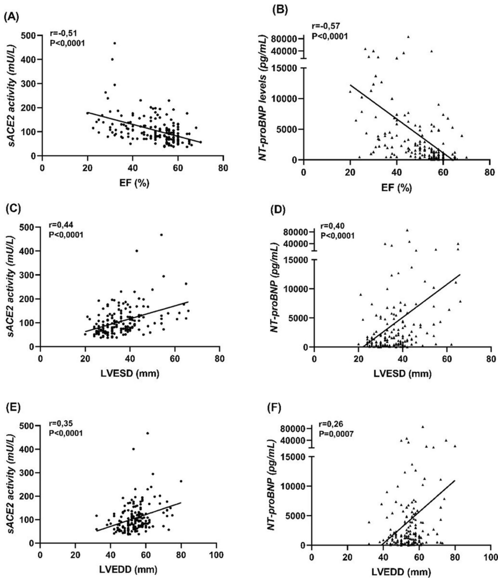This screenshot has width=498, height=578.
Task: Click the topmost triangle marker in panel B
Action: pyautogui.click(x=408, y=37)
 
